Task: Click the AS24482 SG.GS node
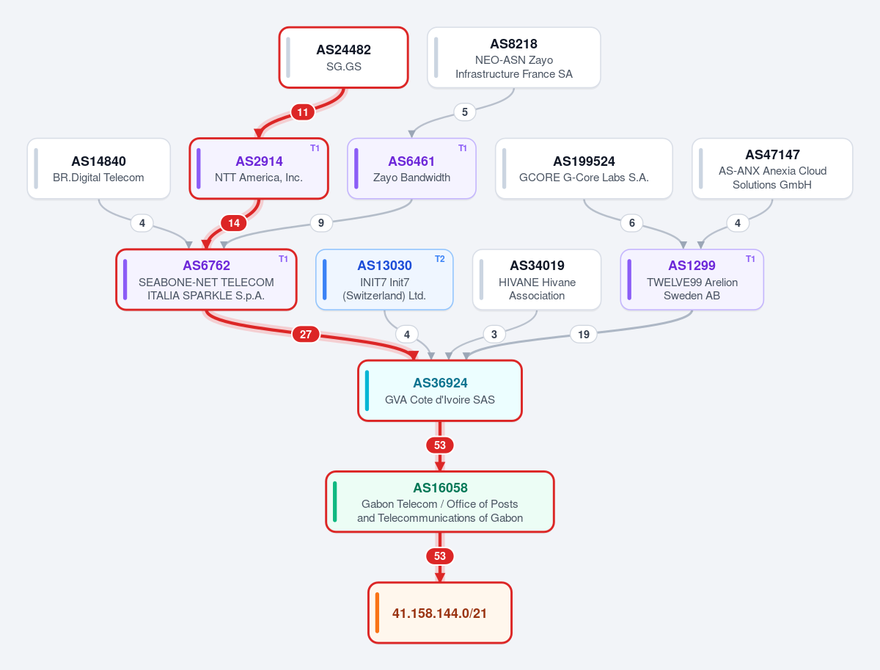click(344, 57)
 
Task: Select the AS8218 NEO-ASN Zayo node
click(513, 57)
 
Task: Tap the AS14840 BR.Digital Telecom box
click(98, 169)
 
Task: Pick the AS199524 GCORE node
click(584, 169)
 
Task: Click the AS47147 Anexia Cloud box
click(772, 169)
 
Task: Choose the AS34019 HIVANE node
click(537, 280)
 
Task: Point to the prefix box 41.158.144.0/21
click(440, 613)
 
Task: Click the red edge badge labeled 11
click(303, 112)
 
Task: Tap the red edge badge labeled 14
click(234, 223)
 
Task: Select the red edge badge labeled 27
click(306, 334)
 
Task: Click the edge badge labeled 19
click(583, 334)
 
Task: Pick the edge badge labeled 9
click(321, 223)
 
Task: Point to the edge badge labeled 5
click(465, 112)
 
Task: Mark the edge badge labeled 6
click(632, 223)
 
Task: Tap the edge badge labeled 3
click(494, 334)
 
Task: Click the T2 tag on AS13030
click(440, 259)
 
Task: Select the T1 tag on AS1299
click(750, 259)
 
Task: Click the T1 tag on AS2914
click(315, 148)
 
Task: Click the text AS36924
click(440, 383)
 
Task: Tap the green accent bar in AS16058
click(334, 501)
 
